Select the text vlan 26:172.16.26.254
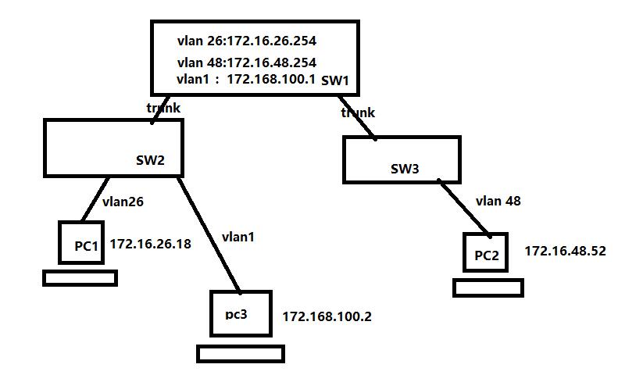246,41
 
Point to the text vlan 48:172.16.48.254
246,62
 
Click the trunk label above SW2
163,108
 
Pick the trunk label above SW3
358,112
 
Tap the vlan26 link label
123,202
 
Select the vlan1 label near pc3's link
238,237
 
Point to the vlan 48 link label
498,201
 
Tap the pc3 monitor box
241,314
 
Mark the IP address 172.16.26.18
150,245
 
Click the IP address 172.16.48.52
565,251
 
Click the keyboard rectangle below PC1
80,277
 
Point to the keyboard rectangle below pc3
240,354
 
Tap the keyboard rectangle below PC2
488,287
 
